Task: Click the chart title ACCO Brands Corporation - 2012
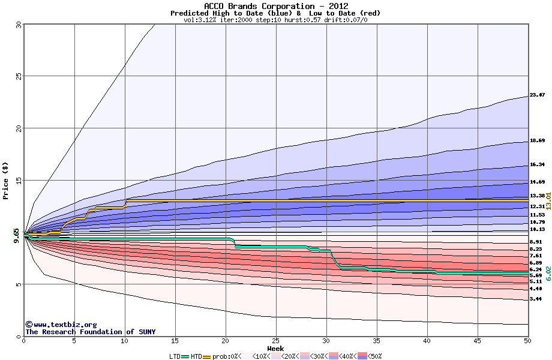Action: pyautogui.click(x=275, y=6)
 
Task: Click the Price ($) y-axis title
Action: pyautogui.click(x=6, y=180)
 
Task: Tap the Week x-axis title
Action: pyautogui.click(x=275, y=348)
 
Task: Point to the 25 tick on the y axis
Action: pyautogui.click(x=18, y=76)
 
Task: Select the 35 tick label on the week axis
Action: pyautogui.click(x=377, y=341)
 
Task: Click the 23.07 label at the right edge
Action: pyautogui.click(x=537, y=95)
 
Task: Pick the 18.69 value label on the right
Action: pyautogui.click(x=537, y=140)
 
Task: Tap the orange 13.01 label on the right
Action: pyautogui.click(x=548, y=201)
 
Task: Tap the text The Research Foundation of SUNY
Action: pyautogui.click(x=90, y=332)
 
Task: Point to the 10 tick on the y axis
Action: pyautogui.click(x=18, y=232)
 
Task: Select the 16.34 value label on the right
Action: pyautogui.click(x=537, y=164)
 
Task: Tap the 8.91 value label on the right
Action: pyautogui.click(x=535, y=242)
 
